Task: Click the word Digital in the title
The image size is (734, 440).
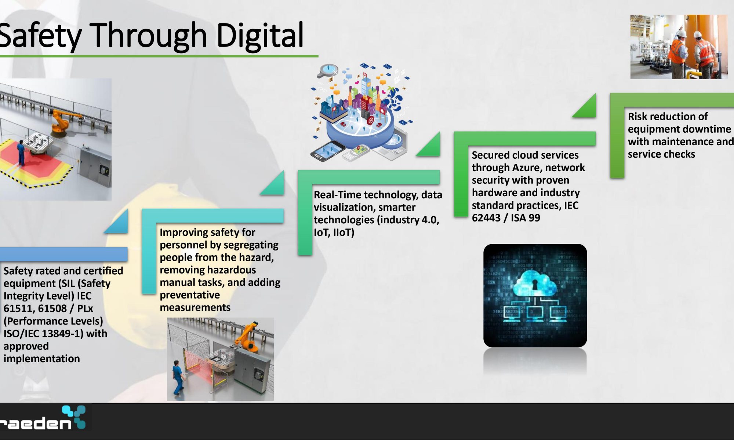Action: (x=260, y=36)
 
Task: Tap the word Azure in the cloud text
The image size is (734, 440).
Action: (x=527, y=168)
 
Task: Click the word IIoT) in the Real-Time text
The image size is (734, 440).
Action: (x=344, y=232)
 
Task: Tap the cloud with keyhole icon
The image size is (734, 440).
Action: (x=535, y=283)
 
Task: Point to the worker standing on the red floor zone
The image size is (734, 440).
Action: (x=21, y=152)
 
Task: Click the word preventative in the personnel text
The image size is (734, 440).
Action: (x=190, y=295)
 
